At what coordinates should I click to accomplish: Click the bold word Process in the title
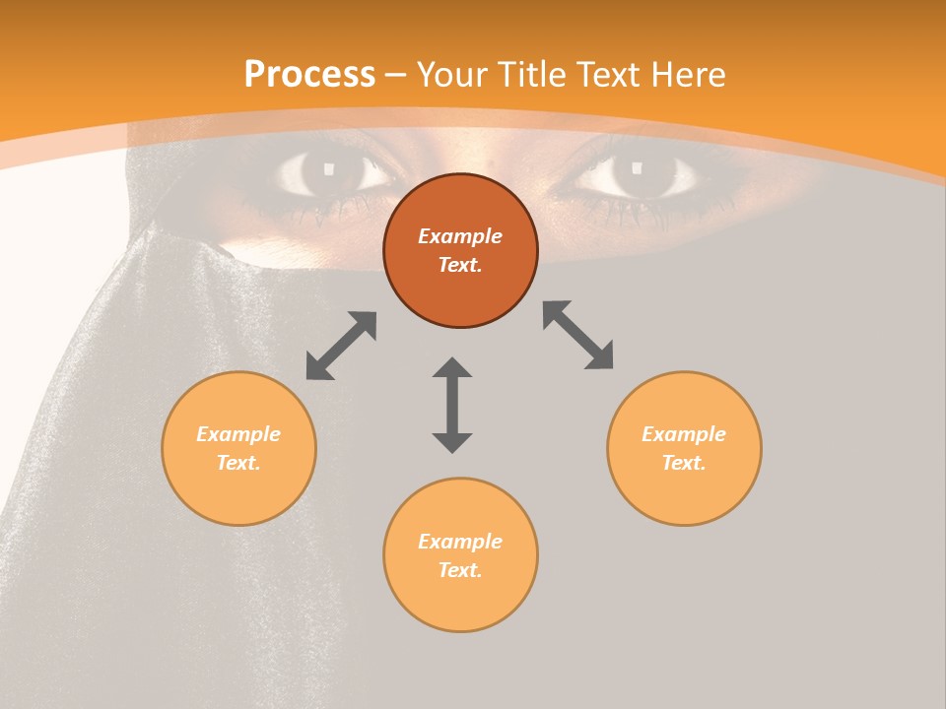click(x=309, y=75)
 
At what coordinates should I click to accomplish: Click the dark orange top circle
click(x=460, y=250)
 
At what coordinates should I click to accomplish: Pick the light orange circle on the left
click(x=238, y=448)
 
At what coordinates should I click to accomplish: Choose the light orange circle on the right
click(x=684, y=448)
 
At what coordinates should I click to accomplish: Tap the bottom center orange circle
click(x=460, y=554)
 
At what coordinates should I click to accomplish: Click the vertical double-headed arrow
click(x=452, y=405)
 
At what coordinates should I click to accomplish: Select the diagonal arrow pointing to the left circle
click(x=341, y=346)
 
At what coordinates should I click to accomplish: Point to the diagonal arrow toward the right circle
click(x=578, y=335)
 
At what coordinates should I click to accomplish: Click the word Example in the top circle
click(x=460, y=236)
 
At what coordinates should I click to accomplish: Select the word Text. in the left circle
click(x=238, y=463)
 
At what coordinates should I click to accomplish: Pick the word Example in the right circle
click(x=684, y=434)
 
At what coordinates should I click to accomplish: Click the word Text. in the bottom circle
click(x=460, y=570)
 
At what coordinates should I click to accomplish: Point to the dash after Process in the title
click(x=396, y=75)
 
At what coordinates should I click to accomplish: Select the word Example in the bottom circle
click(x=460, y=542)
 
